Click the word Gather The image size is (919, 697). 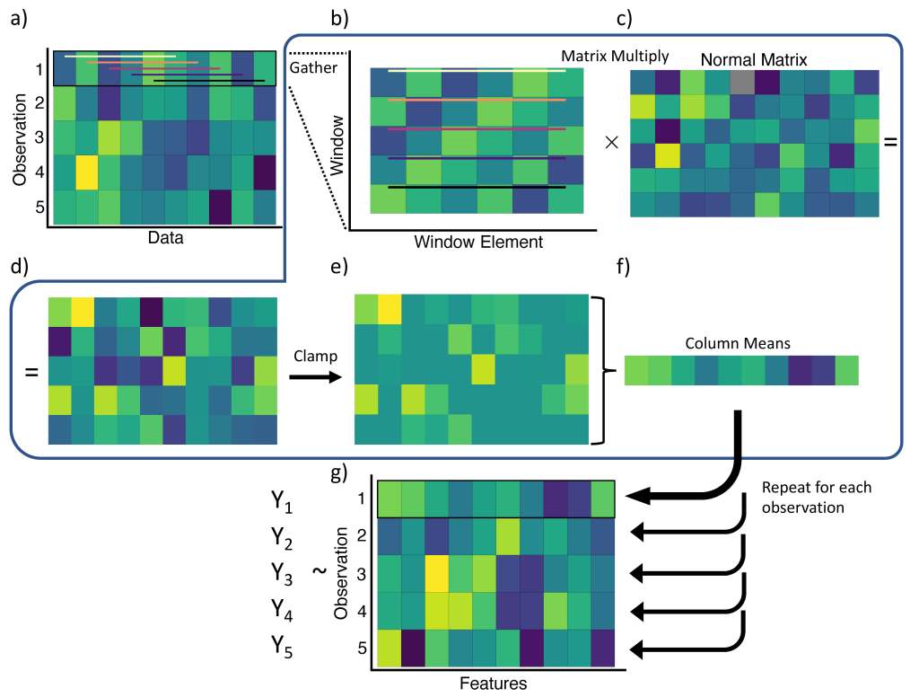coord(311,67)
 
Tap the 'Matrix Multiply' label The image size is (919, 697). coord(614,56)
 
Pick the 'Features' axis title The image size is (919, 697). coord(493,684)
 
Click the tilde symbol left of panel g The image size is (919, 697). coord(317,572)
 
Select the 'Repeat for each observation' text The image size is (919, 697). coord(817,497)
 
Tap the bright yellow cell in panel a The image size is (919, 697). coord(87,171)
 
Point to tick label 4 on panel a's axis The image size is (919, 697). coord(38,170)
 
